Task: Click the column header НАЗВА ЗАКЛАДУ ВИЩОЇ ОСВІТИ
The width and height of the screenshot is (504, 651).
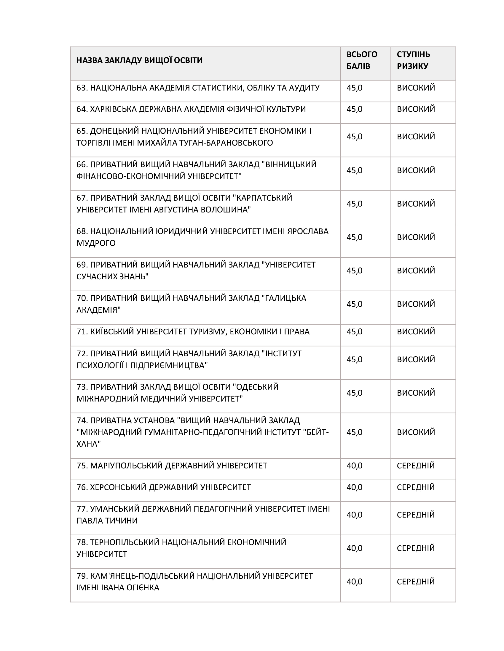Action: pos(139,60)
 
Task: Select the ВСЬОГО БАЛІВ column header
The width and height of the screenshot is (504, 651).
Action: pos(362,60)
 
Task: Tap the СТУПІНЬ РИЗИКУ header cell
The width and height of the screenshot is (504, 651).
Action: pos(413,60)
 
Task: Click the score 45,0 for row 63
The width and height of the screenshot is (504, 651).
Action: pos(354,88)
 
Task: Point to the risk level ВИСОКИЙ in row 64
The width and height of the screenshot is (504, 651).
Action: pos(416,109)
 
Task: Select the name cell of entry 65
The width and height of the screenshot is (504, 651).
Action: pos(194,137)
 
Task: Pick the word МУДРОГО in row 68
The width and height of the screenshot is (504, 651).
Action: pos(96,243)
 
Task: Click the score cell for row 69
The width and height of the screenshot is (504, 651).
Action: pos(354,271)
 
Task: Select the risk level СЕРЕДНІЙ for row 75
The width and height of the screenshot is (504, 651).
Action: pos(416,465)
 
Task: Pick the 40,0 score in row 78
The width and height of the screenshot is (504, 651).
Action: pos(354,548)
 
